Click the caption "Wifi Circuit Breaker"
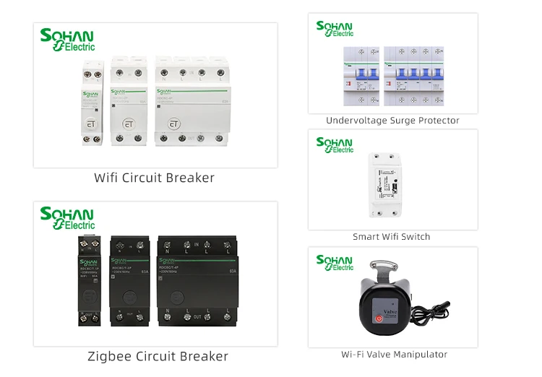coord(154,178)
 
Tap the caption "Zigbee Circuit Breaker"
coord(158,356)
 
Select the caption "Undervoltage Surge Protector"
coord(392,121)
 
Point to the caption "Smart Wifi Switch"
coord(391,236)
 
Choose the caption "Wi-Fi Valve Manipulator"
coord(394,354)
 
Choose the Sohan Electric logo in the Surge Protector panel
coord(335,29)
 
